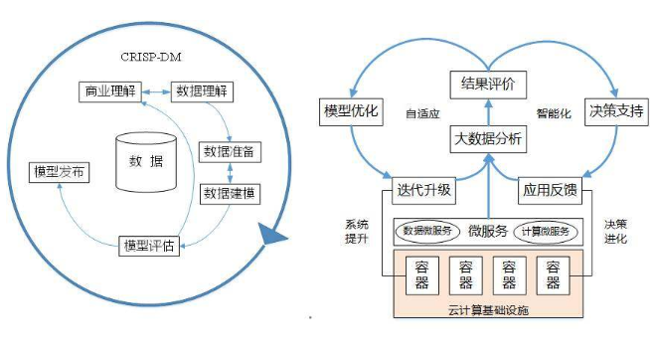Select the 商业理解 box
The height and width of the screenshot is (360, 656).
(x=108, y=92)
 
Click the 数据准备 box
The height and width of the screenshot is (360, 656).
(x=231, y=152)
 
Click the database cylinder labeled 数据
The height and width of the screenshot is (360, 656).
(x=145, y=161)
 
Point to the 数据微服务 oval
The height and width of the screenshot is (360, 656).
(x=430, y=231)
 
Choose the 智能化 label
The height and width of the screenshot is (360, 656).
(x=554, y=114)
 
